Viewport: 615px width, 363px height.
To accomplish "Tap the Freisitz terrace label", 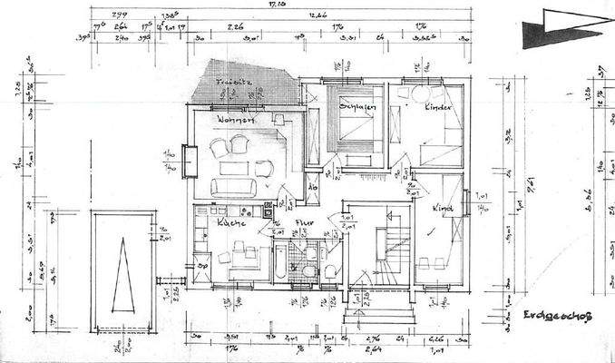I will coord(232,83).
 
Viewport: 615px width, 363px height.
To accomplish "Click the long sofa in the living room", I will coord(235,188).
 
